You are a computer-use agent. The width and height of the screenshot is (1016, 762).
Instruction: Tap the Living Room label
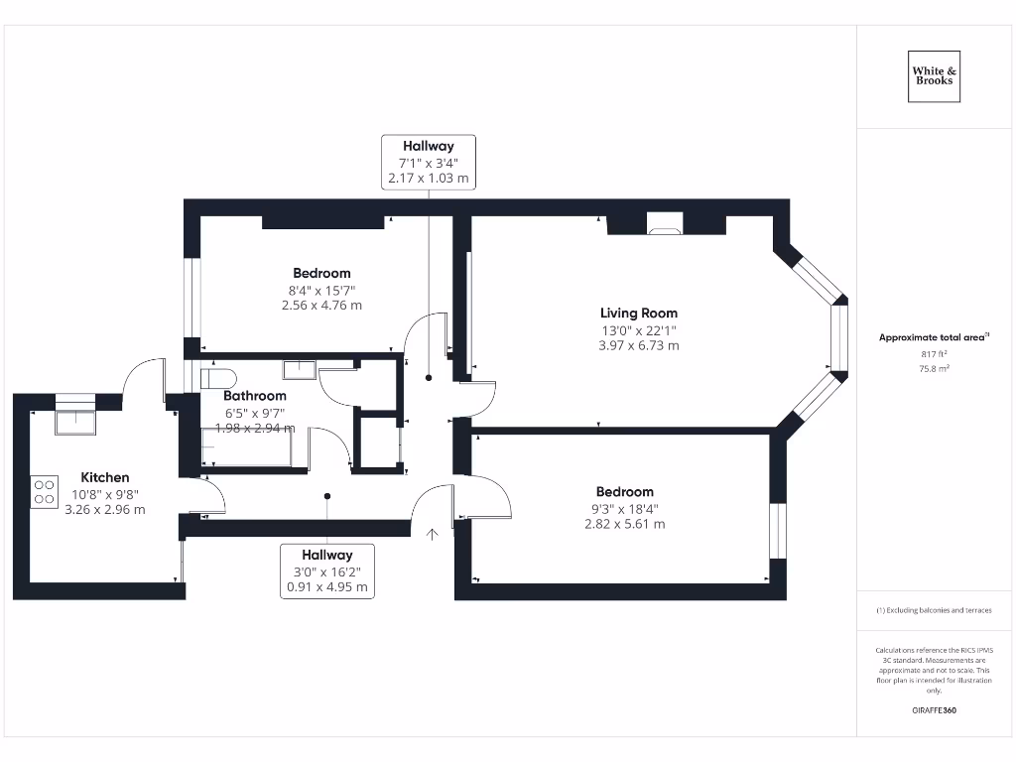point(638,313)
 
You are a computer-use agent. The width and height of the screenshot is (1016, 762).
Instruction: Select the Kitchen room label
point(105,477)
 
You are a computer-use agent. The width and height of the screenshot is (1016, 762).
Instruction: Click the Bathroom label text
point(255,396)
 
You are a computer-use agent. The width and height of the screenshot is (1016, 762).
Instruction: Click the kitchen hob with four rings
point(45,493)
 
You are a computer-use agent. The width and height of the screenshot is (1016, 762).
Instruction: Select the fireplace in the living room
point(664,224)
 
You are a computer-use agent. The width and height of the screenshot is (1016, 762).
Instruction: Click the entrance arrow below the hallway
point(433,535)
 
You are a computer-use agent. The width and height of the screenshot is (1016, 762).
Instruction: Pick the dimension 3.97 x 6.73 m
point(638,345)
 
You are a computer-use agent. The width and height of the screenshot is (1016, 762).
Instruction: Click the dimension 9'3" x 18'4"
point(624,508)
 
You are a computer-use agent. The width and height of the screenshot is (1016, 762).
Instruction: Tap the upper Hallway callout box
point(428,162)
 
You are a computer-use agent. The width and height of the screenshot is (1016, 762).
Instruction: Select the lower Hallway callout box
point(327,571)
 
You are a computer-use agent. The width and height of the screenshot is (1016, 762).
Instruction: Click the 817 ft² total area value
point(934,353)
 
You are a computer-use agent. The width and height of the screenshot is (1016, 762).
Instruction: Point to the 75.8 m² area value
point(934,368)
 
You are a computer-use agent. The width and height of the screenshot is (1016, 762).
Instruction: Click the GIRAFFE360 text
point(934,710)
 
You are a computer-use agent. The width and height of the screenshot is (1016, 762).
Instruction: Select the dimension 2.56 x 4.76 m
point(321,306)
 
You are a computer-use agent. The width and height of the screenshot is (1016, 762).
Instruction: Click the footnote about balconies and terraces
point(934,610)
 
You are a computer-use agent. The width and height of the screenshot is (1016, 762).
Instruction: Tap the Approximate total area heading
point(934,337)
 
